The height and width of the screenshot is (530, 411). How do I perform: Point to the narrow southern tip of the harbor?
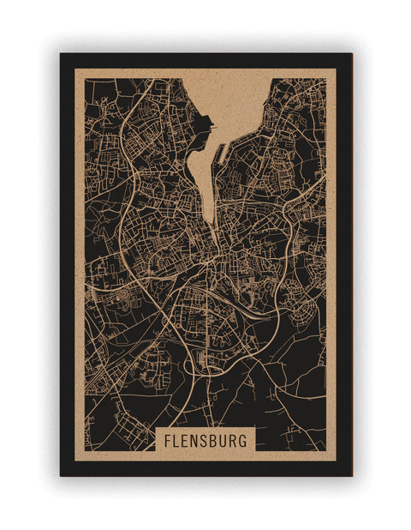208,219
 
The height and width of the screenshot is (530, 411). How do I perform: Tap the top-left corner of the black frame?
62,55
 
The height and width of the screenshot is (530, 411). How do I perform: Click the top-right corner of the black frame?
350,55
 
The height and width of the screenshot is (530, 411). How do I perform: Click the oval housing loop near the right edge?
304,318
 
